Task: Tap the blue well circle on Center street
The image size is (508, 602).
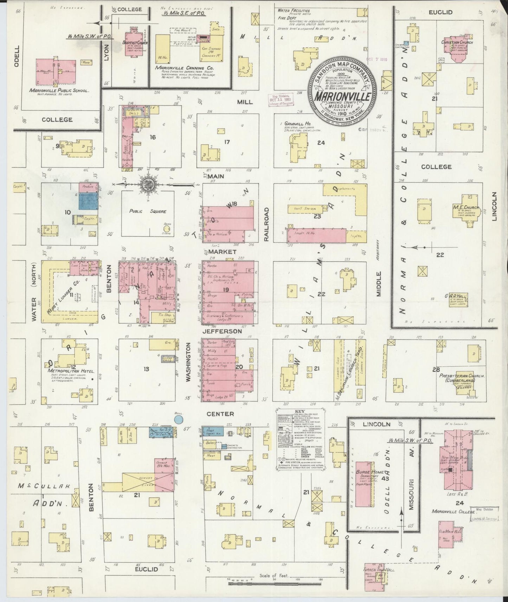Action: pos(179,419)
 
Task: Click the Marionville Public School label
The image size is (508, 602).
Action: pos(59,90)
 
